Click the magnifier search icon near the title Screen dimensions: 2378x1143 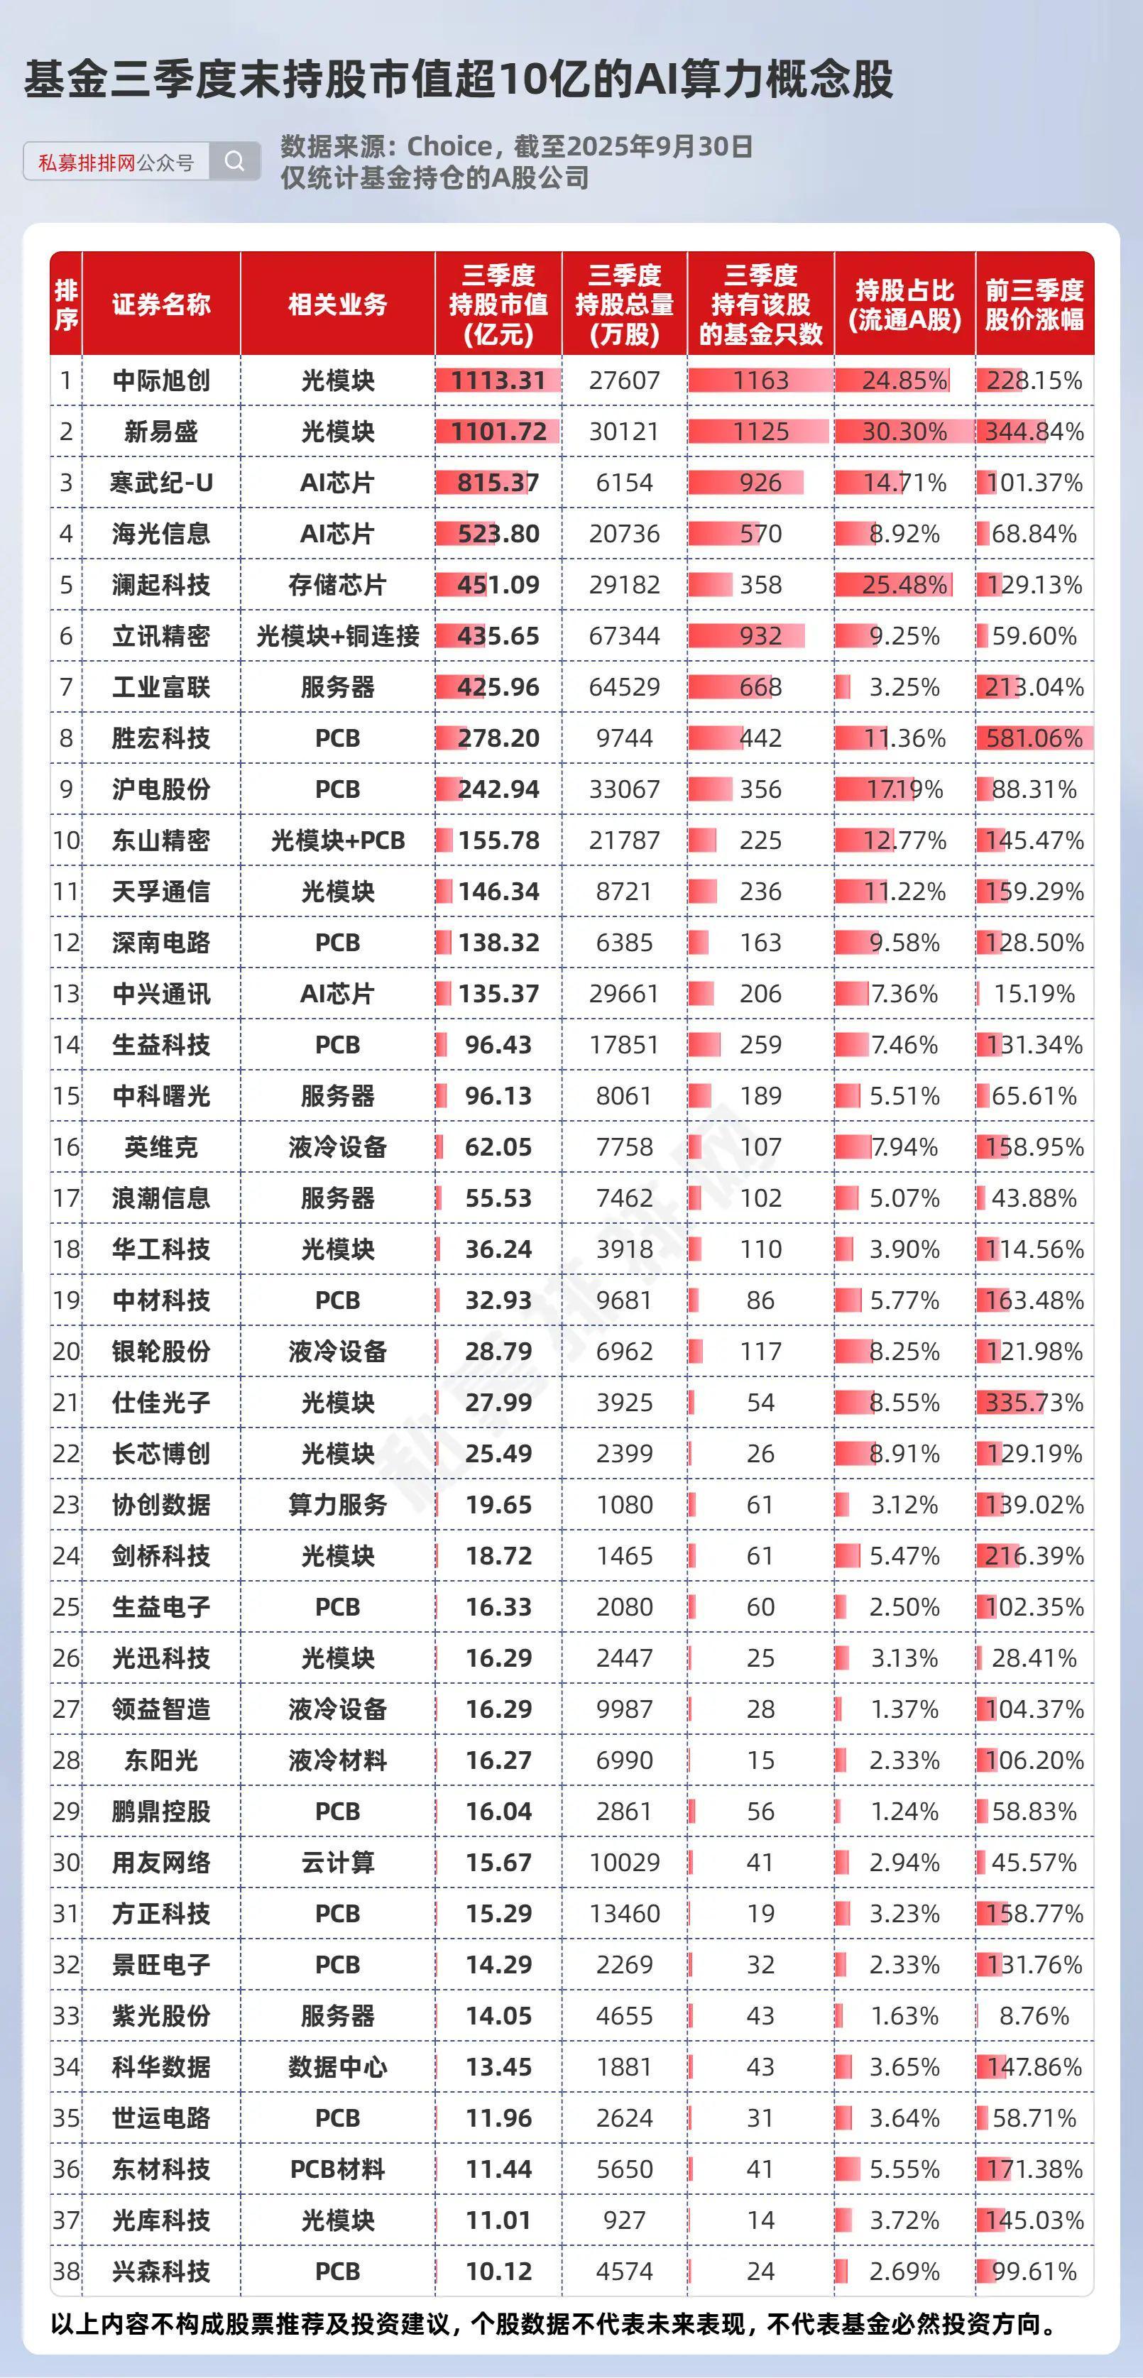coord(234,162)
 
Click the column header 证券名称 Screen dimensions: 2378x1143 coord(162,305)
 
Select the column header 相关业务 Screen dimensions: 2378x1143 coord(337,305)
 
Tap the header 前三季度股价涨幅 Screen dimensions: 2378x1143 coord(1034,305)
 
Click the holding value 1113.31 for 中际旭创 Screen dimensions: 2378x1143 coord(498,380)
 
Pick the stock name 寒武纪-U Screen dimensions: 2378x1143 coord(162,483)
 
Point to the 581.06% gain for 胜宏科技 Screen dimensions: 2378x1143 coord(1034,738)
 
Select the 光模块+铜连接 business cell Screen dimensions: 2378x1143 coord(337,636)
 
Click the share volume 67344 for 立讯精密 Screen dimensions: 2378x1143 coord(624,636)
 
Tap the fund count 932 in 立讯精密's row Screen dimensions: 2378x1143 coord(760,636)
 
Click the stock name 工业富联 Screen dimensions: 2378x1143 coord(162,688)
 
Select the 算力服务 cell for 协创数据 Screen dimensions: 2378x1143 coord(337,1506)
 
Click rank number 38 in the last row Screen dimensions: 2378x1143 coord(65,2272)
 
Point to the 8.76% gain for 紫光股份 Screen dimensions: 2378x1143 coord(1034,2016)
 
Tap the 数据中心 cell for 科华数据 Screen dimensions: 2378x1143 coord(337,2067)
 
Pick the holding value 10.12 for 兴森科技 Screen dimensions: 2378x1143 coord(498,2272)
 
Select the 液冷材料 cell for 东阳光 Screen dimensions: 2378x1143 coord(337,1760)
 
